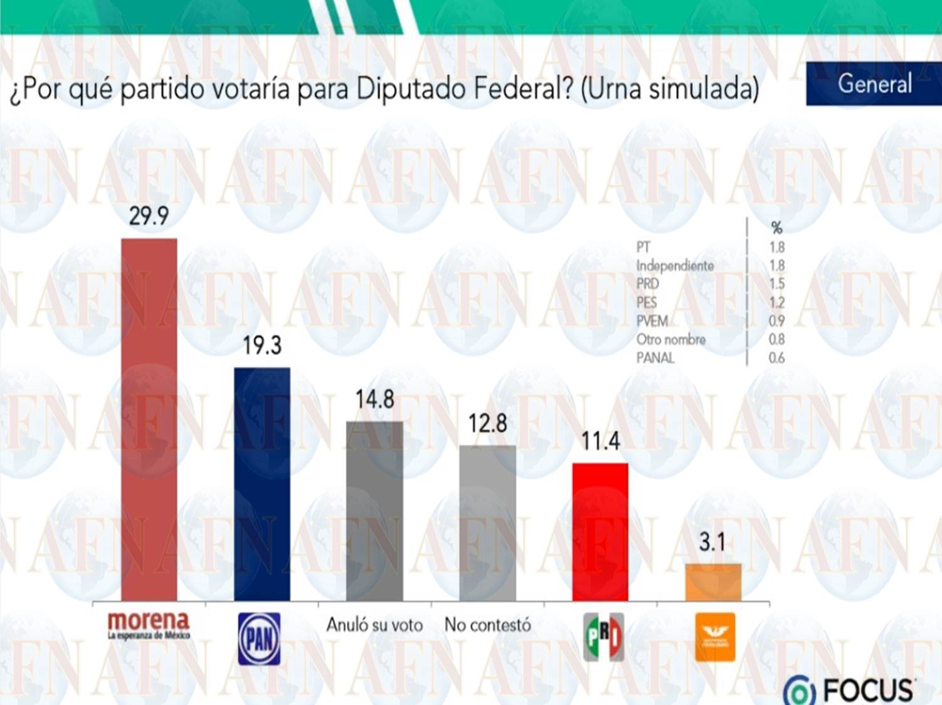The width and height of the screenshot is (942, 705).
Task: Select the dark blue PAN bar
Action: tap(262, 484)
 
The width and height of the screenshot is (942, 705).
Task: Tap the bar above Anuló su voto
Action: tap(374, 511)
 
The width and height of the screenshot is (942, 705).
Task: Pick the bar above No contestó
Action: tap(487, 523)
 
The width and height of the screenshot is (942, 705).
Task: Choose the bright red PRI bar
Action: tap(600, 532)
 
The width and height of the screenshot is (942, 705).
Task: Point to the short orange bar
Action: tap(713, 582)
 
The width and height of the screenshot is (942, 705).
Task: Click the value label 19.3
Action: tap(262, 345)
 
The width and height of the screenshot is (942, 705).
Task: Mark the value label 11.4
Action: tap(600, 441)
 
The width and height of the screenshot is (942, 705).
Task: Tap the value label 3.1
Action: tap(712, 542)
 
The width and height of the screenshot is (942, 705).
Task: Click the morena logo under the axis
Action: tap(149, 625)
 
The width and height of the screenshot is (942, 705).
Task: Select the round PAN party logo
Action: tap(260, 639)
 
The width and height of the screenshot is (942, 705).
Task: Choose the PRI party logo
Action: tap(603, 637)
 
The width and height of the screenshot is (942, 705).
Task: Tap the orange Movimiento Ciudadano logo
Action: tap(715, 637)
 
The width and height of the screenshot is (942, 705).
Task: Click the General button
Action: tap(874, 83)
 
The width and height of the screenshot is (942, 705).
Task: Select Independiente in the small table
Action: tap(675, 266)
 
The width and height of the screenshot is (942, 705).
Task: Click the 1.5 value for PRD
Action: tap(776, 284)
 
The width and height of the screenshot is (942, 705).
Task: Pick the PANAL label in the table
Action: tap(655, 358)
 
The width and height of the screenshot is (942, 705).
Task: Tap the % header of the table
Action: tap(776, 228)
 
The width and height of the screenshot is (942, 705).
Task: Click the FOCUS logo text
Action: tap(868, 691)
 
